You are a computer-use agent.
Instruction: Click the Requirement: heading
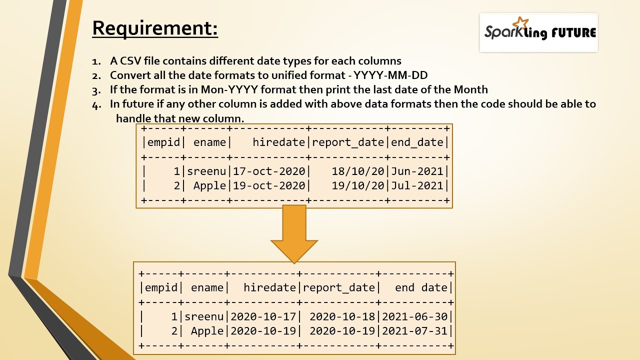155,28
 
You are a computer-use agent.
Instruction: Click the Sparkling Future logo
539,32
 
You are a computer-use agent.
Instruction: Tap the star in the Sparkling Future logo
520,23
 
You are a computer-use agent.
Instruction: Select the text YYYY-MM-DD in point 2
390,75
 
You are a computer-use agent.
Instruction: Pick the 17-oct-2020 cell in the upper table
269,171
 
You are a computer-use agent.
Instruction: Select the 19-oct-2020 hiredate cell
269,185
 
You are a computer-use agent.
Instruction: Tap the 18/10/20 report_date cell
357,171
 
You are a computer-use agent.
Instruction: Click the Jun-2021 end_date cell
417,171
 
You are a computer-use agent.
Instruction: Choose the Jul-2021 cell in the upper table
417,185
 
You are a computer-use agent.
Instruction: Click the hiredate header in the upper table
279,142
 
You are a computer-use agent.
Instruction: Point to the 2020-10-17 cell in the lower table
263,316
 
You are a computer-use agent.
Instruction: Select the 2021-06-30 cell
415,316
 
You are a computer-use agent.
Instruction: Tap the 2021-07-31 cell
415,331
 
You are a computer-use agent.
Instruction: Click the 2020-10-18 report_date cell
342,316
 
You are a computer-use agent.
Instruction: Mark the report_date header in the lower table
339,288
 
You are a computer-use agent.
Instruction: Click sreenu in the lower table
204,316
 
